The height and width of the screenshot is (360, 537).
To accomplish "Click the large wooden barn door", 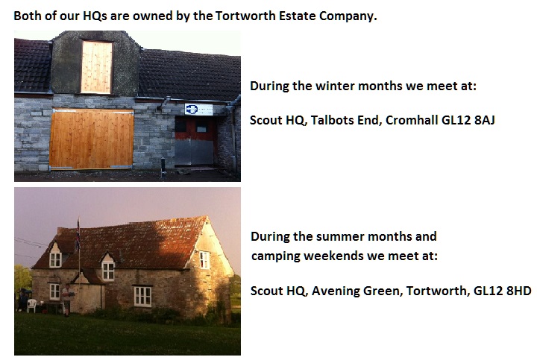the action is click(x=92, y=139).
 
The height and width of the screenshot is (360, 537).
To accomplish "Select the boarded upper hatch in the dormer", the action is click(x=96, y=67).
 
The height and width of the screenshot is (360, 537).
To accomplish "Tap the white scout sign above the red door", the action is click(x=198, y=110).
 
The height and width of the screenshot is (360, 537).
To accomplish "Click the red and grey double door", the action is click(x=195, y=141).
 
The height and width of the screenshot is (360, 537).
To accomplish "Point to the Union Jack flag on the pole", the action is click(x=78, y=235).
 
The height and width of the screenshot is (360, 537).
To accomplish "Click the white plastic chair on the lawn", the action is click(x=31, y=306).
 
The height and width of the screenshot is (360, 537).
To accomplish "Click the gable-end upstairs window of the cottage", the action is click(x=204, y=259).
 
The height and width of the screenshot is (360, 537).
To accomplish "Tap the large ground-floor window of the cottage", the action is click(x=142, y=297).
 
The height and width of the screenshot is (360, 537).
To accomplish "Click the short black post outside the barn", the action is click(x=163, y=168).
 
